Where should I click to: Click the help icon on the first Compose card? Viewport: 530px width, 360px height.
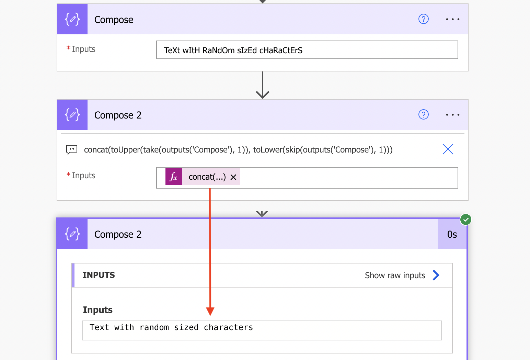(x=423, y=19)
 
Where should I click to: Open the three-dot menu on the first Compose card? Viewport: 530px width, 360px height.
(x=453, y=19)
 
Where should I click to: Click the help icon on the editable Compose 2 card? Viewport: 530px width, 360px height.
(x=423, y=115)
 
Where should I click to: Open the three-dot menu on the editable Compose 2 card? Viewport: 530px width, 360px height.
(x=453, y=115)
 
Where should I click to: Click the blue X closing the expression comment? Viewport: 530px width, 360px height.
(x=448, y=149)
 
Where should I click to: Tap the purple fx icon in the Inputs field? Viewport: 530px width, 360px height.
(x=174, y=177)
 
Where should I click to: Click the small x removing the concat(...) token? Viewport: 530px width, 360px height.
(x=233, y=177)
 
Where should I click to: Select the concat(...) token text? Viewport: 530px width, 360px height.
(x=207, y=177)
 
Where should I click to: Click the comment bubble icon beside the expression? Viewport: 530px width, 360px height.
(x=71, y=150)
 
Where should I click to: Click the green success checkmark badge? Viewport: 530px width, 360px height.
(x=466, y=220)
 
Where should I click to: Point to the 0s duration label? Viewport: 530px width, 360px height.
(x=452, y=235)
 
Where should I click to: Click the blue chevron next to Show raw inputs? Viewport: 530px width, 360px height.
(x=436, y=275)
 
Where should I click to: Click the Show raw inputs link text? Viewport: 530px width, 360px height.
(x=395, y=275)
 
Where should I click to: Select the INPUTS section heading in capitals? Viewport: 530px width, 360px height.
(x=99, y=275)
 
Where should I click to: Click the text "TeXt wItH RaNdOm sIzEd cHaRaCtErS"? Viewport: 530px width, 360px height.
(x=233, y=50)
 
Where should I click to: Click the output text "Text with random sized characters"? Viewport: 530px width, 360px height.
(x=171, y=327)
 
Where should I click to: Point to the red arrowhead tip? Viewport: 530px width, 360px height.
(x=210, y=315)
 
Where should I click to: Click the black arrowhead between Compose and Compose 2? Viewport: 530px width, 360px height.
(x=263, y=94)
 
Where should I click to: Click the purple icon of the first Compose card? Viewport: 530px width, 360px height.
(x=72, y=19)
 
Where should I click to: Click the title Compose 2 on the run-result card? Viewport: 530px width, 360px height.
(x=118, y=235)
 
